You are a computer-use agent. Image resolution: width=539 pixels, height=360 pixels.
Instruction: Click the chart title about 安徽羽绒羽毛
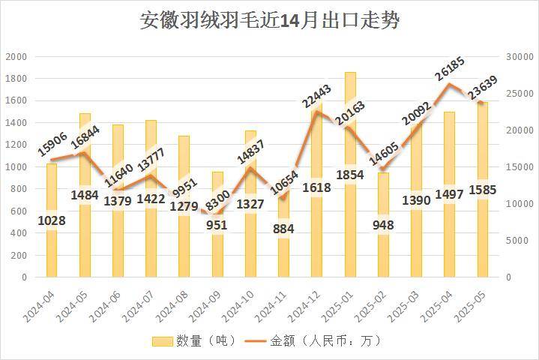coord(269,20)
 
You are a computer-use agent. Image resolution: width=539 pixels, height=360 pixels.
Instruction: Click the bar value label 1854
coord(350,175)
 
